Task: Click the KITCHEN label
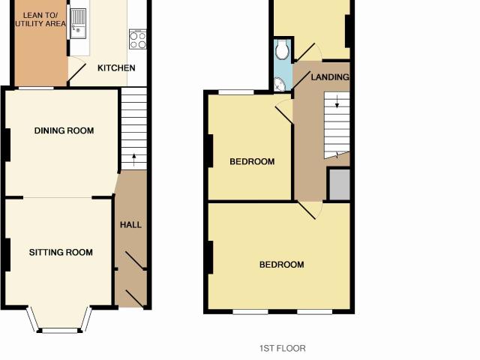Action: (x=116, y=68)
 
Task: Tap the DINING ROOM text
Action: (x=64, y=130)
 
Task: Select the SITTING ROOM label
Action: (x=61, y=252)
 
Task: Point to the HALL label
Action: (x=130, y=225)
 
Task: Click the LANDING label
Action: (x=330, y=77)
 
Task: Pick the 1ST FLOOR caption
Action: (x=283, y=348)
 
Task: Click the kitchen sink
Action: (x=78, y=23)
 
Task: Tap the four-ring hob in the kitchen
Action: (x=138, y=39)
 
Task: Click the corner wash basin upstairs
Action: (x=280, y=84)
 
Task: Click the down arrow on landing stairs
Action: (x=337, y=102)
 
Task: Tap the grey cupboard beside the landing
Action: (x=340, y=184)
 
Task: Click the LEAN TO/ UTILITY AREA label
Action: (x=40, y=19)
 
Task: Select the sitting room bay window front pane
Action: (x=60, y=331)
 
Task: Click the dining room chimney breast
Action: (x=7, y=145)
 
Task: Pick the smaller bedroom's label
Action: (x=252, y=162)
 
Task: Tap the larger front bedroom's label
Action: (x=282, y=265)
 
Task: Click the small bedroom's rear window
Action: (x=236, y=91)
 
